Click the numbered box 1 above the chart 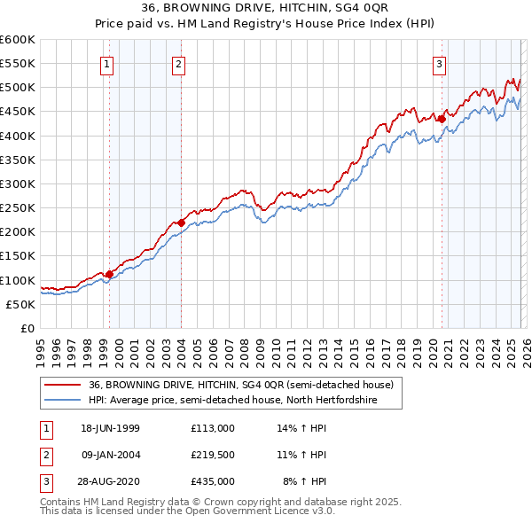pyautogui.click(x=107, y=63)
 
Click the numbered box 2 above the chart pyautogui.click(x=178, y=63)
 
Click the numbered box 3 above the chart pyautogui.click(x=439, y=63)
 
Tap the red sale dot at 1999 pyautogui.click(x=109, y=274)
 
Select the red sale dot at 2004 pyautogui.click(x=181, y=222)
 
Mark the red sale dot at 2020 pyautogui.click(x=442, y=119)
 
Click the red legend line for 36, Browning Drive pyautogui.click(x=64, y=385)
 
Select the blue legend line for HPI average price pyautogui.click(x=64, y=401)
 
